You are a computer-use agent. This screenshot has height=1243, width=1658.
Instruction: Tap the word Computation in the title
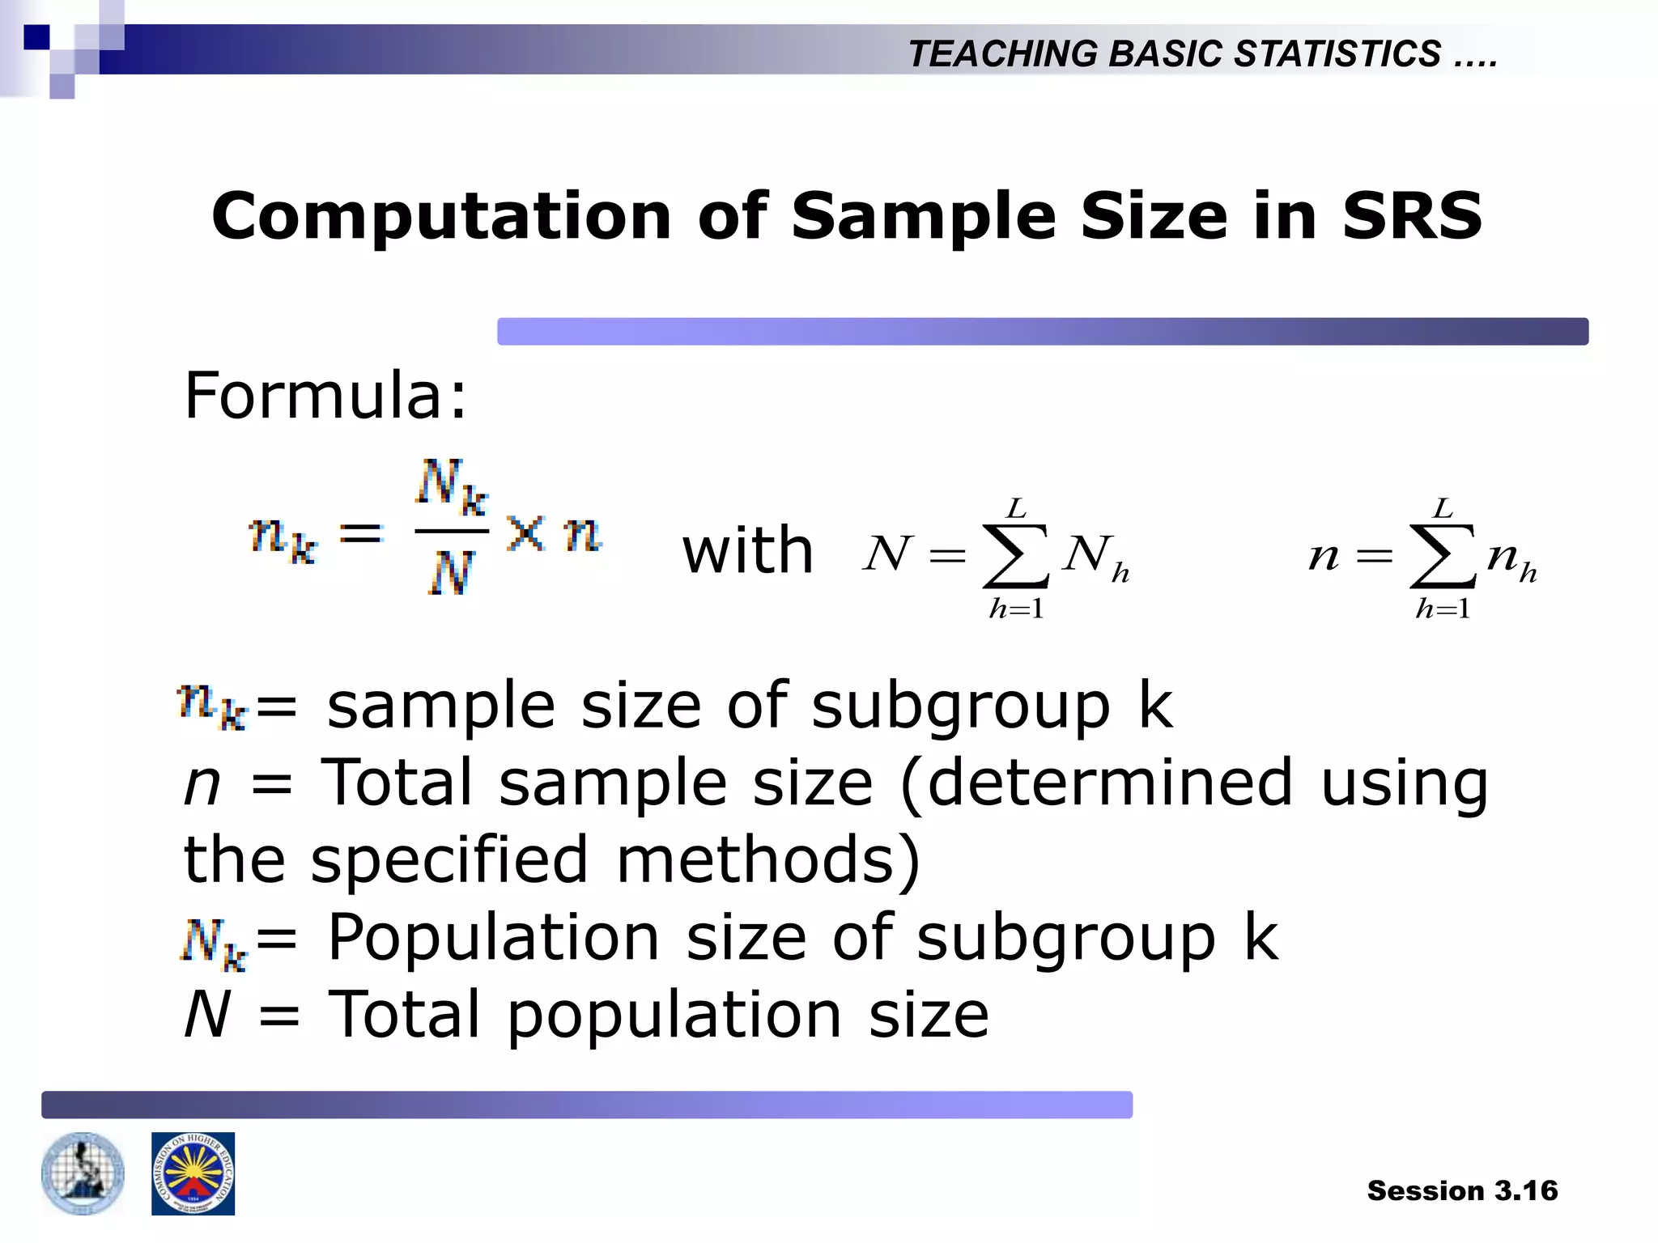(441, 216)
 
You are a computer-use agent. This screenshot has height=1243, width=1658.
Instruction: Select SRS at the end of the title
(1412, 216)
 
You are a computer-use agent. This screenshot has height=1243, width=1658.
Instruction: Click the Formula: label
(325, 396)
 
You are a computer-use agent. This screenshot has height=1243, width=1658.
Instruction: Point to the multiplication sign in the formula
(526, 534)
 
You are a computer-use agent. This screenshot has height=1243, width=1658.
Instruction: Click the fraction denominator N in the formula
(450, 573)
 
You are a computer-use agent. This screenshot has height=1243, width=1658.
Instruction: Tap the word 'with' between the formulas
(747, 551)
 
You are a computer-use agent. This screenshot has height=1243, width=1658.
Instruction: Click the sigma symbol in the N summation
(1015, 556)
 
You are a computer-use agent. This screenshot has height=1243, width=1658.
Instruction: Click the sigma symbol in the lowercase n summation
(1442, 556)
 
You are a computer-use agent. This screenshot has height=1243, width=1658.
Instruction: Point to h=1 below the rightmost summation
(1443, 609)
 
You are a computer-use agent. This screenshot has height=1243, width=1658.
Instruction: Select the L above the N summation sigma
(1016, 508)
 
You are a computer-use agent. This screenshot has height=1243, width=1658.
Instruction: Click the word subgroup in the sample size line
(960, 706)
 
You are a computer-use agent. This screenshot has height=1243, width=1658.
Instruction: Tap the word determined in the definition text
(1109, 783)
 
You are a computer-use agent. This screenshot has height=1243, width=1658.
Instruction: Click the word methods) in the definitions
(768, 859)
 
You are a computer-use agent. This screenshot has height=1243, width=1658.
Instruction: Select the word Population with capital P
(493, 938)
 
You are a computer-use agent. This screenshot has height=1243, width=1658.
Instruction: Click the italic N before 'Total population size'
(207, 1015)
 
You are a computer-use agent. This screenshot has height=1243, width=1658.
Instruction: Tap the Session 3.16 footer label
(1462, 1190)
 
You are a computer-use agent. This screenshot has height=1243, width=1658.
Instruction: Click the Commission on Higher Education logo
(193, 1173)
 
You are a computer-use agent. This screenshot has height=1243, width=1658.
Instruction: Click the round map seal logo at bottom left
(83, 1173)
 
